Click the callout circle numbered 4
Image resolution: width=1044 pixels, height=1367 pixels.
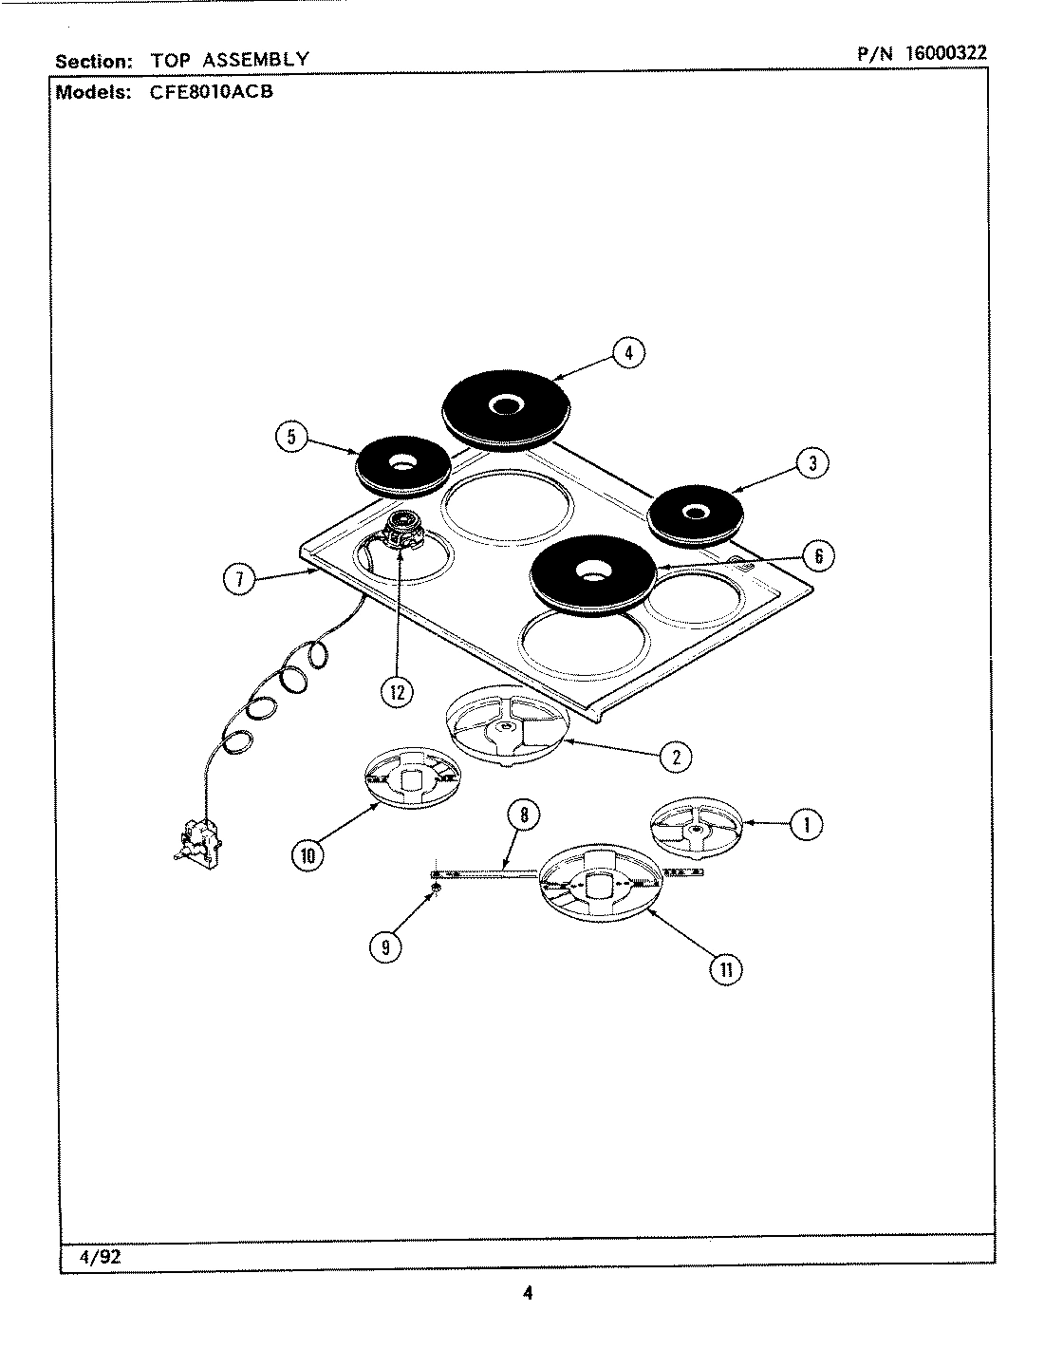(x=628, y=353)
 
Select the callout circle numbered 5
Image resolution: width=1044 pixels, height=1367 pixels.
(x=291, y=438)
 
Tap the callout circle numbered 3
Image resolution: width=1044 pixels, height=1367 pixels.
(x=812, y=462)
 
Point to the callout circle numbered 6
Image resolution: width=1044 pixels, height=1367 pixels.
(x=819, y=555)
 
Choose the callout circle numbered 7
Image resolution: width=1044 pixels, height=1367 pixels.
(x=239, y=578)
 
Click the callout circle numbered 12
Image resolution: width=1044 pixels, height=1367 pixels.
(x=397, y=692)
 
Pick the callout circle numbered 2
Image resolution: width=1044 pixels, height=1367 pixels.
(x=676, y=757)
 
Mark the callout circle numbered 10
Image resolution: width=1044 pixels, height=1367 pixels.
(x=308, y=854)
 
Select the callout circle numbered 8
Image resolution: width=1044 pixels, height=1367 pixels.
(x=523, y=814)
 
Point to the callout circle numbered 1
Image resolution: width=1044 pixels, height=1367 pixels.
(x=807, y=824)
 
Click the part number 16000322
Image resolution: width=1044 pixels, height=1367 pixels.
(x=945, y=53)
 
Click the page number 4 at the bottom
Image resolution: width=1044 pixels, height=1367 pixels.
(x=528, y=1292)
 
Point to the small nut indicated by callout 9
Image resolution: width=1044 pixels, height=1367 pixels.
(x=436, y=887)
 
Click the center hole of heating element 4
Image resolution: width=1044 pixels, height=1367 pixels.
(x=502, y=405)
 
